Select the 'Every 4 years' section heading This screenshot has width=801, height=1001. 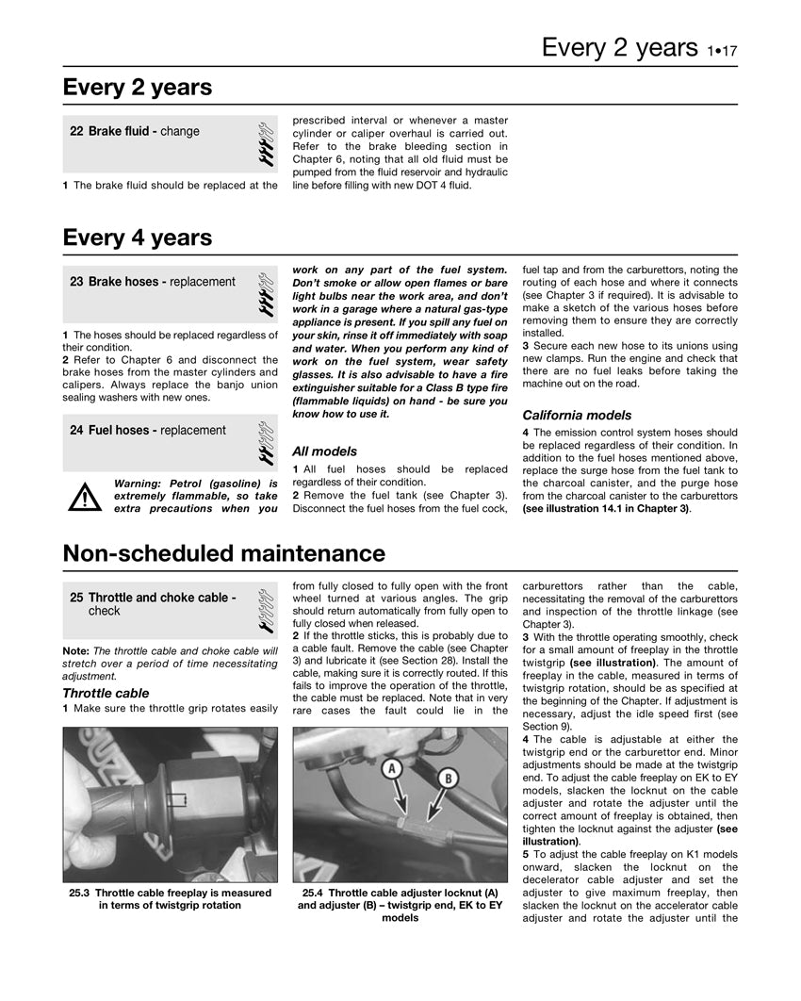coord(138,238)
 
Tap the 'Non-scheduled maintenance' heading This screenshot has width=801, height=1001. coord(223,553)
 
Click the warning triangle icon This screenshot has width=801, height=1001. coord(85,496)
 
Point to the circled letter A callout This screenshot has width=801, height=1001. coord(392,770)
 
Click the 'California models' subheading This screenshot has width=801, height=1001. coord(577,415)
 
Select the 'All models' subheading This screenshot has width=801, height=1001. coord(324,451)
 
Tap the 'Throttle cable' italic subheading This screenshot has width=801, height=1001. coord(106,693)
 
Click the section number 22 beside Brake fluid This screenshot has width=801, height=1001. coord(76,132)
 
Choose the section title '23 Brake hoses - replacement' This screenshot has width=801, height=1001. coord(153,282)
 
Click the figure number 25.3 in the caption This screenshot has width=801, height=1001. coord(80,893)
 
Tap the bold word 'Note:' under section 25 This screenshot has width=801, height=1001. coord(75,651)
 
